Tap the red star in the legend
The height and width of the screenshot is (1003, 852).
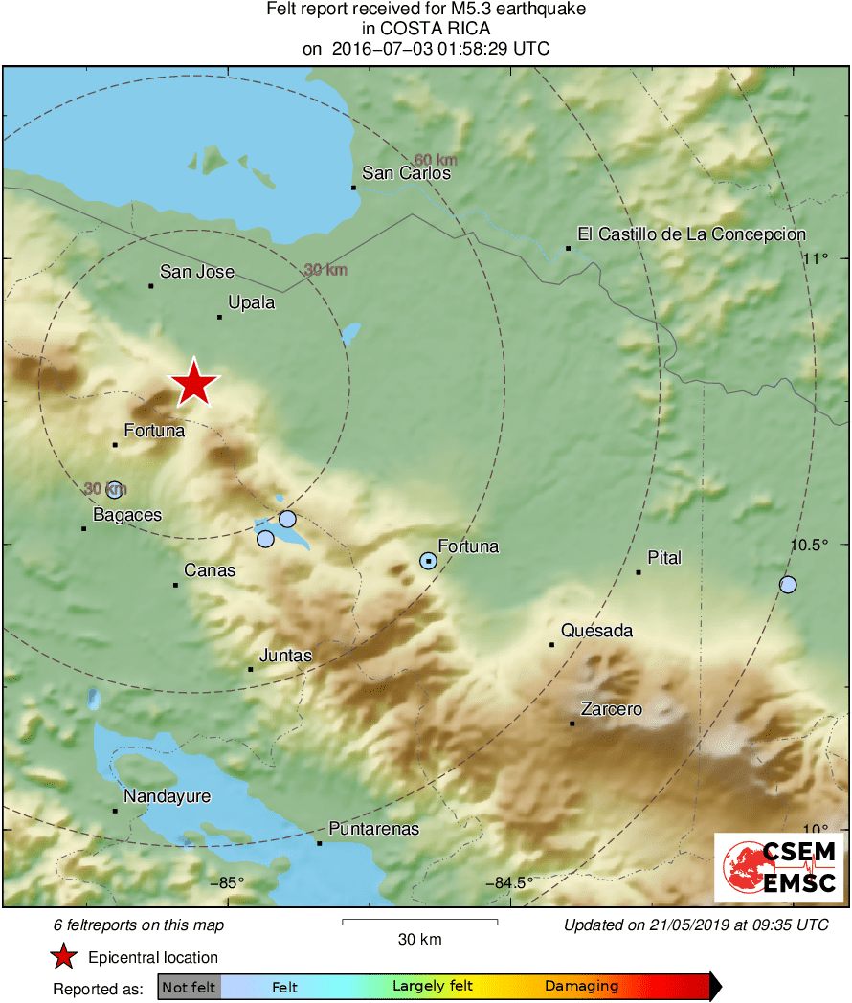point(64,957)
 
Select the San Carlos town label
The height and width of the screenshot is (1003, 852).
point(406,173)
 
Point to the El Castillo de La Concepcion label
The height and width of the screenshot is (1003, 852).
point(691,234)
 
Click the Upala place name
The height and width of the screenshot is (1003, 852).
point(252,303)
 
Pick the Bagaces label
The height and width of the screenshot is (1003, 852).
point(127,515)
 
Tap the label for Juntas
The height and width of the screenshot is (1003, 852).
point(285,656)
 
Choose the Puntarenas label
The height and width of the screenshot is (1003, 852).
point(373,829)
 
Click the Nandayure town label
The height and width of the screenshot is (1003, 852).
point(167,797)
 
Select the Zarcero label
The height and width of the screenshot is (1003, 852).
point(612,709)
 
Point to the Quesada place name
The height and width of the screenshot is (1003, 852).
point(597,631)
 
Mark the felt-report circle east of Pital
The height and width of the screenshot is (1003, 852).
point(788,584)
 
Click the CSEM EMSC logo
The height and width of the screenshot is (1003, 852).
point(779,866)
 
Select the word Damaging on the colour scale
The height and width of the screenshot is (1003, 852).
point(582,986)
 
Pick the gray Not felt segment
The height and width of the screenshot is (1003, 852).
point(190,986)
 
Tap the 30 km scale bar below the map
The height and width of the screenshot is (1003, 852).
point(419,923)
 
